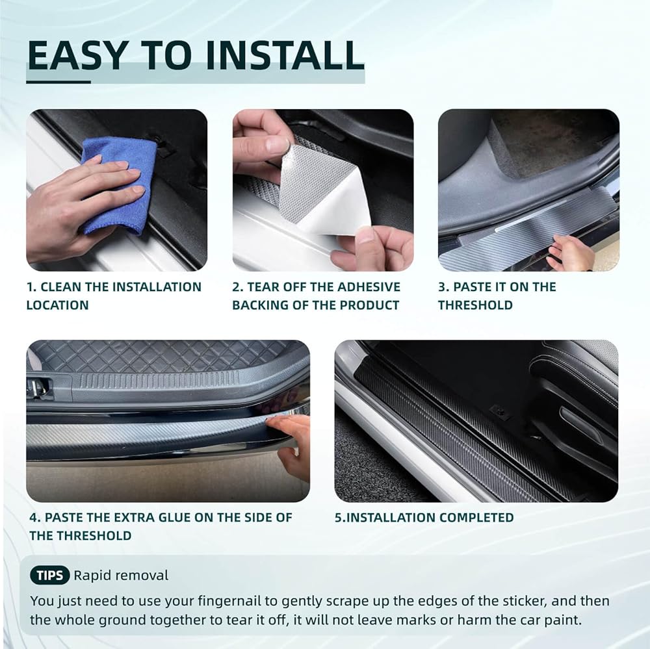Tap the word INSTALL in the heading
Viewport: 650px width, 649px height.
click(285, 55)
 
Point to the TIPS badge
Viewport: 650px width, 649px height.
click(50, 575)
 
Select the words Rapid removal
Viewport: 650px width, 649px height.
click(121, 575)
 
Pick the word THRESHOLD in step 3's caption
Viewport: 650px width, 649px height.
click(476, 305)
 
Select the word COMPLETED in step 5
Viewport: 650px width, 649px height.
click(476, 517)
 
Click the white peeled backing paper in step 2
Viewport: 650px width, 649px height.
click(332, 207)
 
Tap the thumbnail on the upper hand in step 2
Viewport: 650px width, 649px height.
click(276, 145)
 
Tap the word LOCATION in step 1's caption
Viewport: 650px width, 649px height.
click(58, 305)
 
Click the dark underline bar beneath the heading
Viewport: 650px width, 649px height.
click(58, 82)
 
